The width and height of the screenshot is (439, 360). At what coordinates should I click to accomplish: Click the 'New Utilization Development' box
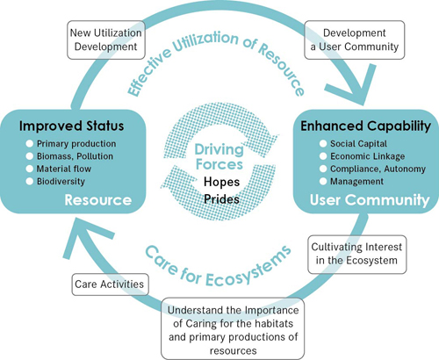(x=106, y=40)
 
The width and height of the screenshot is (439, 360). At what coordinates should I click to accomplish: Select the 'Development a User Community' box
(x=355, y=40)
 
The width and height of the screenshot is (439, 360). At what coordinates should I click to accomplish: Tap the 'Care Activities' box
(x=110, y=284)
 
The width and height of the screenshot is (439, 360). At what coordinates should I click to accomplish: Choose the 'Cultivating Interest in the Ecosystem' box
(x=357, y=255)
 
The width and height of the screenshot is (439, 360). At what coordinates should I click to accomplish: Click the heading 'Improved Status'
(x=71, y=126)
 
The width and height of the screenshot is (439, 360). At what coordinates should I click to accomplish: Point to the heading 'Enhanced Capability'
(x=365, y=126)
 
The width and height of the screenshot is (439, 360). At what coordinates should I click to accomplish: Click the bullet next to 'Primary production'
(x=29, y=144)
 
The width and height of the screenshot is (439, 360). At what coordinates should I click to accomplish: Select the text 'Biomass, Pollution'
(x=75, y=156)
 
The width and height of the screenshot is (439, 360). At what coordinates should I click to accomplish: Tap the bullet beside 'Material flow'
(x=29, y=169)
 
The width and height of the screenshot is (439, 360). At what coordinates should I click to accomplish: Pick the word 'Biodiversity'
(x=61, y=182)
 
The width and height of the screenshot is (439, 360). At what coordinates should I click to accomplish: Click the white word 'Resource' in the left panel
(x=98, y=200)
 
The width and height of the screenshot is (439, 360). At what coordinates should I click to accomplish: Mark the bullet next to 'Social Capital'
(x=323, y=144)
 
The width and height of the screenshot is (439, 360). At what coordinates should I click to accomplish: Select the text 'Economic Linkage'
(x=368, y=156)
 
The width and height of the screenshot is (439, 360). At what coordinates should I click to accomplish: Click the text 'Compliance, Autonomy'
(x=378, y=169)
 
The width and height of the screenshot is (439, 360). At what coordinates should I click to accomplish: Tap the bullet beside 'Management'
(x=323, y=182)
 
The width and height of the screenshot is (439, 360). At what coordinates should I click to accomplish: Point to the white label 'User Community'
(x=370, y=200)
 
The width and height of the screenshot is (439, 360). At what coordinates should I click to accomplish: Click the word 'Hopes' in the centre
(x=221, y=182)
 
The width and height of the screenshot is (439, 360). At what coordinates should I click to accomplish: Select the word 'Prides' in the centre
(x=221, y=199)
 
